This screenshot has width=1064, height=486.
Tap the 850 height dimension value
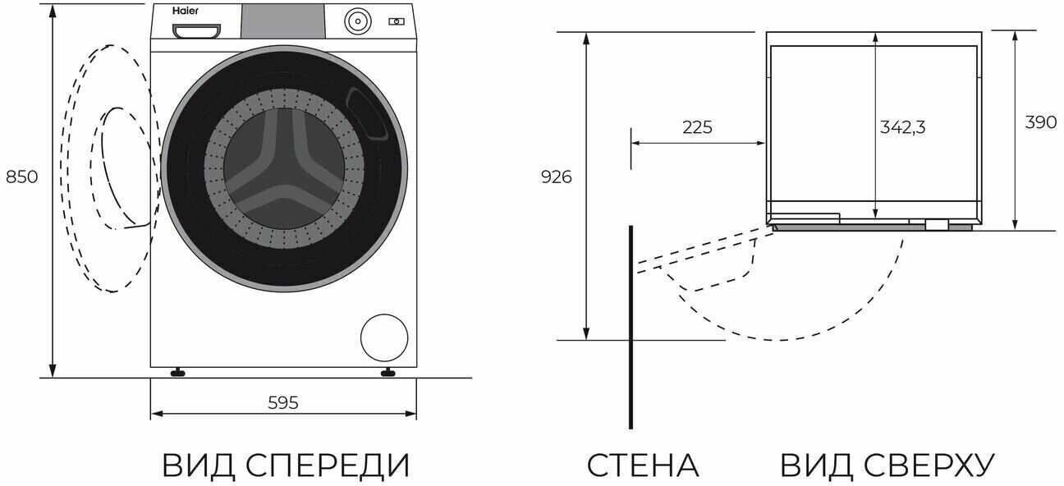tap(22, 177)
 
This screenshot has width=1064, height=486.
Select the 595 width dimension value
tap(283, 402)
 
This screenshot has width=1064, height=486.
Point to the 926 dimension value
tap(557, 177)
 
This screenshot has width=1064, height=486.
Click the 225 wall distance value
tap(697, 127)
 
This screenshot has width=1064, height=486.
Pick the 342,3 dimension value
tap(903, 127)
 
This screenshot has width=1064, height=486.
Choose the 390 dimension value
tap(1040, 122)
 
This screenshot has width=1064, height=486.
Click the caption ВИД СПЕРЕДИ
tap(286, 465)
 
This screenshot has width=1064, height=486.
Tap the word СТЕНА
tap(642, 465)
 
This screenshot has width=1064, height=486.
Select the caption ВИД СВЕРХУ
tap(887, 465)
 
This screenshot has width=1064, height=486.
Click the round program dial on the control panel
tap(356, 21)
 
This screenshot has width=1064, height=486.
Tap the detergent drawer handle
tap(197, 31)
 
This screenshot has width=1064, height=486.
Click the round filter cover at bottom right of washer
tap(384, 337)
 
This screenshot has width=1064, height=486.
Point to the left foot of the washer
tap(177, 373)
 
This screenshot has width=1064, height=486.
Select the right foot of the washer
tap(388, 373)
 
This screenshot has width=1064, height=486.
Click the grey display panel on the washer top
tap(282, 21)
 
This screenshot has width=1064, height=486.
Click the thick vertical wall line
tap(631, 328)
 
